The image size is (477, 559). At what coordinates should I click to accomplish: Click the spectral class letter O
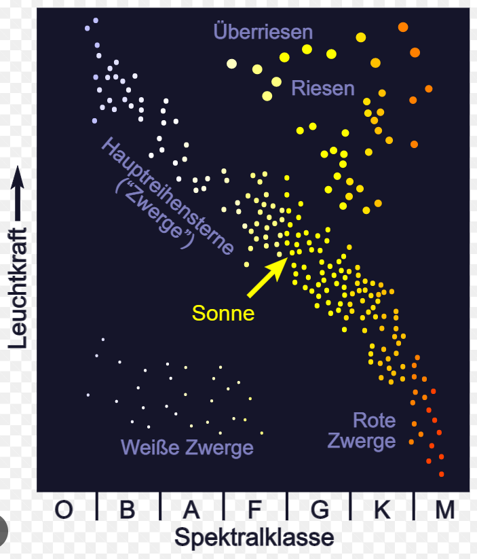coord(63,509)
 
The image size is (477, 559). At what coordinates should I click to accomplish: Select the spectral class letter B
coord(127,509)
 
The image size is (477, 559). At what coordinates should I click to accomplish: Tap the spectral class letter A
coord(192,509)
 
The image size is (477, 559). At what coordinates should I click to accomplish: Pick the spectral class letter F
coord(254,509)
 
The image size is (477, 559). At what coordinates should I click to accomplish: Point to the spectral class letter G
coord(319,509)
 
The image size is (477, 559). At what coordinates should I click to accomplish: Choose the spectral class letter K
coord(382,509)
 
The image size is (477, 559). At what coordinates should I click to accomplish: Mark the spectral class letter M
coord(444,509)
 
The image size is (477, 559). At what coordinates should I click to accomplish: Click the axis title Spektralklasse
coord(254,538)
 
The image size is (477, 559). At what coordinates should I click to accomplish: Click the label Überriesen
coord(263,32)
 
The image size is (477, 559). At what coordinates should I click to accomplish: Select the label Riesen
coord(323,88)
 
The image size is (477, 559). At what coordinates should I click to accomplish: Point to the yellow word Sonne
coord(223,313)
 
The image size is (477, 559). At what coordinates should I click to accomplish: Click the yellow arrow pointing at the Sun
coord(266,276)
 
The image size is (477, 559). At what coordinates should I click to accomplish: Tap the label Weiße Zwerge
coord(187,448)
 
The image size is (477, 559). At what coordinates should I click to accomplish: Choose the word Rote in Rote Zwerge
coord(374,420)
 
